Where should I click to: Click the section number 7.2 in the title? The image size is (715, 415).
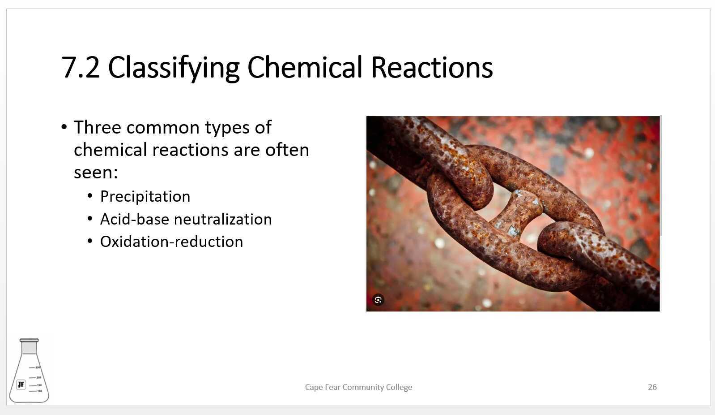coord(81,67)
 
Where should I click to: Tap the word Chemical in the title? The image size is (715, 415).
coord(304,67)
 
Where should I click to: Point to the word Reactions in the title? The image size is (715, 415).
coord(432,67)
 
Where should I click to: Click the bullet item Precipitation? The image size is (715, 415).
coord(145,196)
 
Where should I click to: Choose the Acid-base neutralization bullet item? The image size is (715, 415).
coord(186,219)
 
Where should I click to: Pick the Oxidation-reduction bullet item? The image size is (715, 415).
coord(171,242)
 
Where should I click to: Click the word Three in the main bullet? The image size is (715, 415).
coord(97,127)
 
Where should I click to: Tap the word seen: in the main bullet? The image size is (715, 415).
coord(96,172)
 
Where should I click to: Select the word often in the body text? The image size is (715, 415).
coord(287,150)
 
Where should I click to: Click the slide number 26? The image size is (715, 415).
coord(652,387)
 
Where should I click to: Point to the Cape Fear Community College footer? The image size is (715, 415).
coord(358,387)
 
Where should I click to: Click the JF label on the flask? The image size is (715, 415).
coord(21,385)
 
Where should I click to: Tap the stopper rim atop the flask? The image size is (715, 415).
coord(29,341)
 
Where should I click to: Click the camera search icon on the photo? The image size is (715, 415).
coord(378,300)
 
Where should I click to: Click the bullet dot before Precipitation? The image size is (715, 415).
coord(90,196)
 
